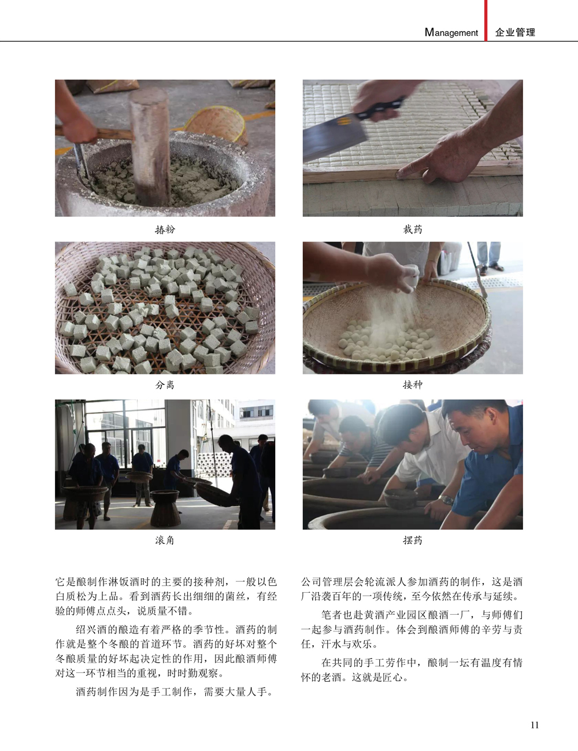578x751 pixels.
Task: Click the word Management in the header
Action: [451, 32]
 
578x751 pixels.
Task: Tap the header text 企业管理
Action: [515, 32]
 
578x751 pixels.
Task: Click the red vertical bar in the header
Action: [486, 20]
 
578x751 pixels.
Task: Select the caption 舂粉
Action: [165, 229]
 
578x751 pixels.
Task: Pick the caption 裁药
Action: [413, 229]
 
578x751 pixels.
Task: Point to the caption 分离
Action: [165, 385]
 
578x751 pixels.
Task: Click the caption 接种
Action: [413, 385]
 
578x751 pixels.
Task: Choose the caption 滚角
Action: [165, 540]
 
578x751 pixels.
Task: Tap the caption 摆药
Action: [413, 540]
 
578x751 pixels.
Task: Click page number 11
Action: [535, 725]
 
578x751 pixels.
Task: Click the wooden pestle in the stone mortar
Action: [150, 145]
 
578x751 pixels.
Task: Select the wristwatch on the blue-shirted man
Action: [447, 499]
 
